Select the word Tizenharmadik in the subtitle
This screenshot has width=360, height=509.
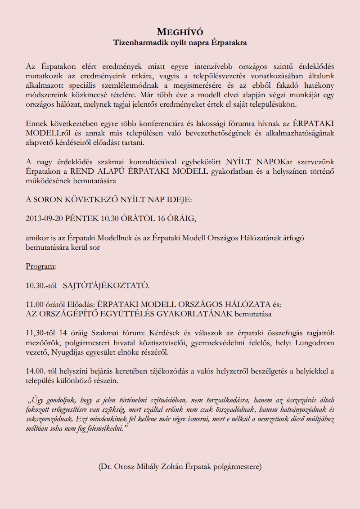(x=135, y=43)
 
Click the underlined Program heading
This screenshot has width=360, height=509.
(x=40, y=266)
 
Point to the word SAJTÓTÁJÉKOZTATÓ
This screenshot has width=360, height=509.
(x=106, y=285)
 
